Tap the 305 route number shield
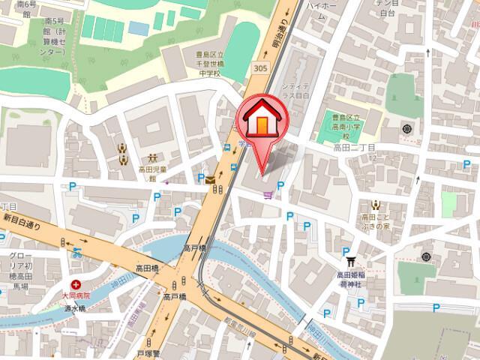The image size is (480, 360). (259, 68)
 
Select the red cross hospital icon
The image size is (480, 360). (76, 285)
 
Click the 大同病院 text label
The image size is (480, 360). (76, 297)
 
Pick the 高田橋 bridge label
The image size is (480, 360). (146, 268)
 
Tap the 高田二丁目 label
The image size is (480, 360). (353, 149)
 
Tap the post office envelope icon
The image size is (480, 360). (209, 180)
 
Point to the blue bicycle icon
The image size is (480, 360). (77, 252)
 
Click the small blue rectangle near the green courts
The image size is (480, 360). (138, 28)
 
